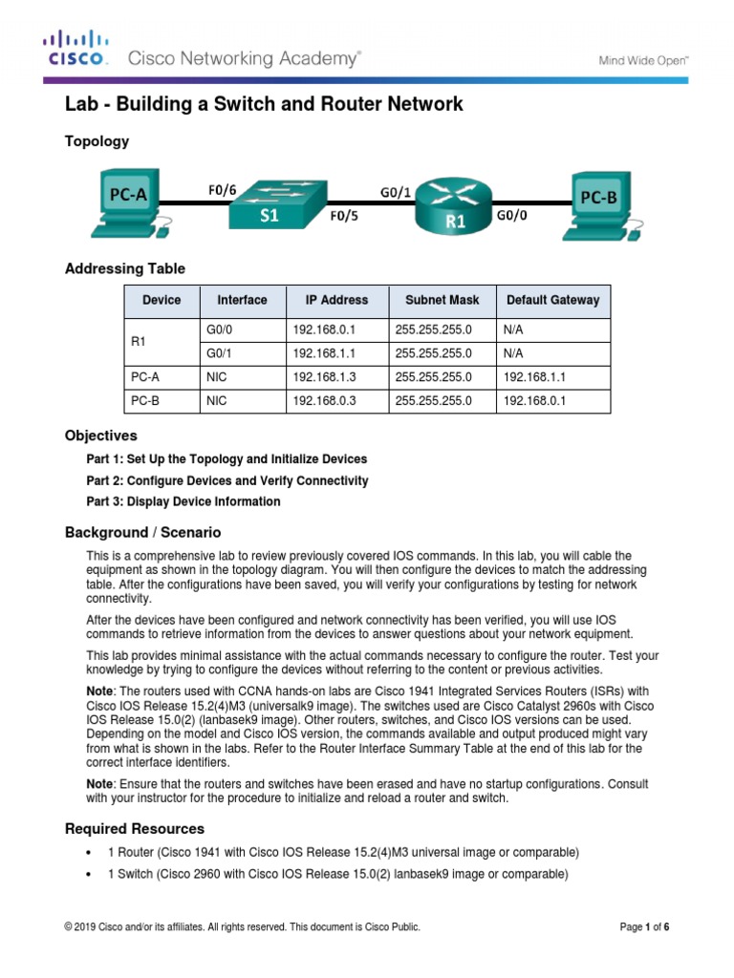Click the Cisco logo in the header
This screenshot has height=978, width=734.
coord(76,49)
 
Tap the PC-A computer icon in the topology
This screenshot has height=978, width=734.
coord(122,205)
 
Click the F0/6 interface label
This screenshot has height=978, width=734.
coord(222,190)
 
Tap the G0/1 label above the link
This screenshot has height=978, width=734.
coord(396,191)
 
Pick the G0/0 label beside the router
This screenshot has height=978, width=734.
coord(511,216)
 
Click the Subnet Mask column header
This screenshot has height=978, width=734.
coord(443,300)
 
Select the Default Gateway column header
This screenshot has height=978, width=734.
coord(552,300)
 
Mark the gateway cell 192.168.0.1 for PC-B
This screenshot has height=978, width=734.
coord(534,401)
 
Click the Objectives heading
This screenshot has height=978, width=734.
coord(100,436)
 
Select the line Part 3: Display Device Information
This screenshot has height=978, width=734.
coord(183,501)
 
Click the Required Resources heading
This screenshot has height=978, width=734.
coord(134,828)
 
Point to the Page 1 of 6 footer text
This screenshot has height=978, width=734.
coord(644,926)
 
